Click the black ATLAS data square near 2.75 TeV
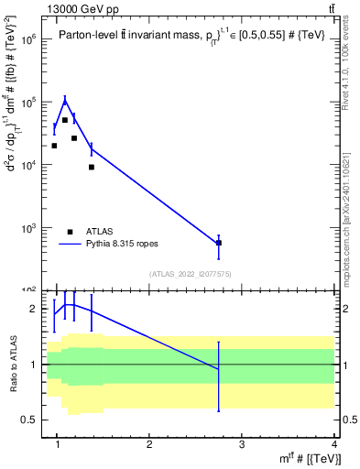coord(218,243)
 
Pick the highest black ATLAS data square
coord(64,120)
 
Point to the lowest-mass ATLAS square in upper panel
coord(54,146)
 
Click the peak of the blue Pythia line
coord(64,100)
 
